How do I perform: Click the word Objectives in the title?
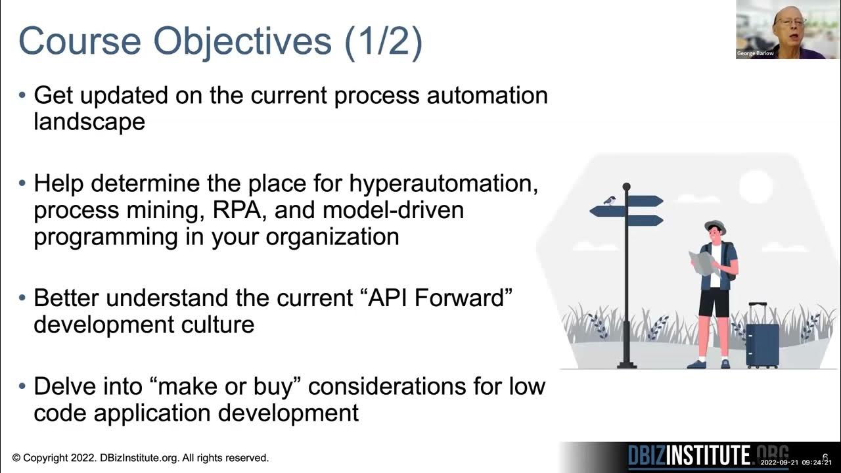[x=244, y=41]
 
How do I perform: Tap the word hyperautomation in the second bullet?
[x=443, y=183]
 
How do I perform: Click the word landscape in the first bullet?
[x=89, y=122]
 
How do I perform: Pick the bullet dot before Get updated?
[x=22, y=95]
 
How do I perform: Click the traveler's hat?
[x=715, y=227]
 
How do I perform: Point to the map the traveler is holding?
[x=703, y=262]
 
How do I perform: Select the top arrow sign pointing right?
[x=646, y=201]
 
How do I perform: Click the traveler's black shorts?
[x=714, y=302]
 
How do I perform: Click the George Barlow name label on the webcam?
[x=755, y=53]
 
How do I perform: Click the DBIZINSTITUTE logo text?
[x=690, y=456]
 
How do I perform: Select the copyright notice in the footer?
[x=140, y=458]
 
